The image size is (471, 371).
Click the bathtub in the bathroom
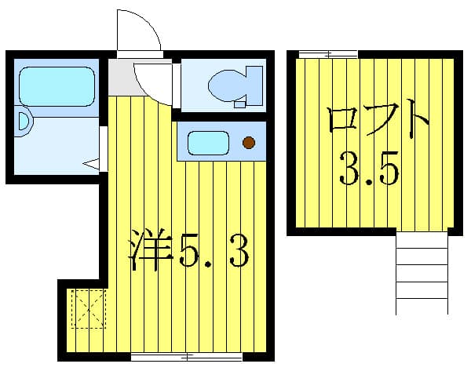pyautogui.click(x=57, y=86)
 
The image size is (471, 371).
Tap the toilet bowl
pyautogui.click(x=226, y=85)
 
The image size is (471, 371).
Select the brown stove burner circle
pyautogui.click(x=249, y=143)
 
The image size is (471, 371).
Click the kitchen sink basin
pyautogui.click(x=208, y=143)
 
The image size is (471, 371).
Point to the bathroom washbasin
pyautogui.click(x=24, y=121)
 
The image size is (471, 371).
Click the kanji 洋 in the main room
pyautogui.click(x=150, y=249)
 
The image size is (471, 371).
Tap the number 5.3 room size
pyautogui.click(x=214, y=251)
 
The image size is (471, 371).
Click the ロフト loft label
pyautogui.click(x=378, y=118)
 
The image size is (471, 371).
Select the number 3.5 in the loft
pyautogui.click(x=369, y=169)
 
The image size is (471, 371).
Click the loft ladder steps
pyautogui.click(x=422, y=272)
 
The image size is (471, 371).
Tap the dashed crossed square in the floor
pyautogui.click(x=89, y=309)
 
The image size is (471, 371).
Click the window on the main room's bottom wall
pyautogui.click(x=187, y=357)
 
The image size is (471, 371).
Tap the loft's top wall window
pyautogui.click(x=328, y=54)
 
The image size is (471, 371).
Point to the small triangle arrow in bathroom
pyautogui.click(x=91, y=164)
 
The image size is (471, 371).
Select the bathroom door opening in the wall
pyautogui.click(x=104, y=149)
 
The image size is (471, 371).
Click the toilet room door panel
pyautogui.click(x=177, y=85)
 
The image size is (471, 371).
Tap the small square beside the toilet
pyautogui.click(x=239, y=105)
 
